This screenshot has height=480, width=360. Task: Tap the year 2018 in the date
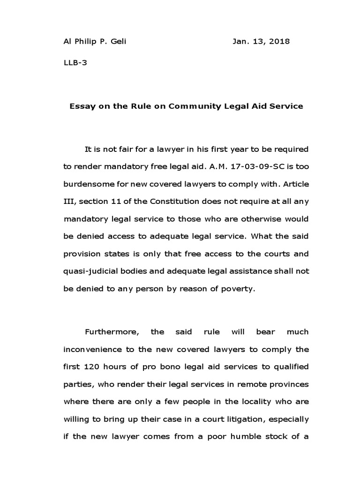[279, 41]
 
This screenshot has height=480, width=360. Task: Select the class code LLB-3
[75, 65]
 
